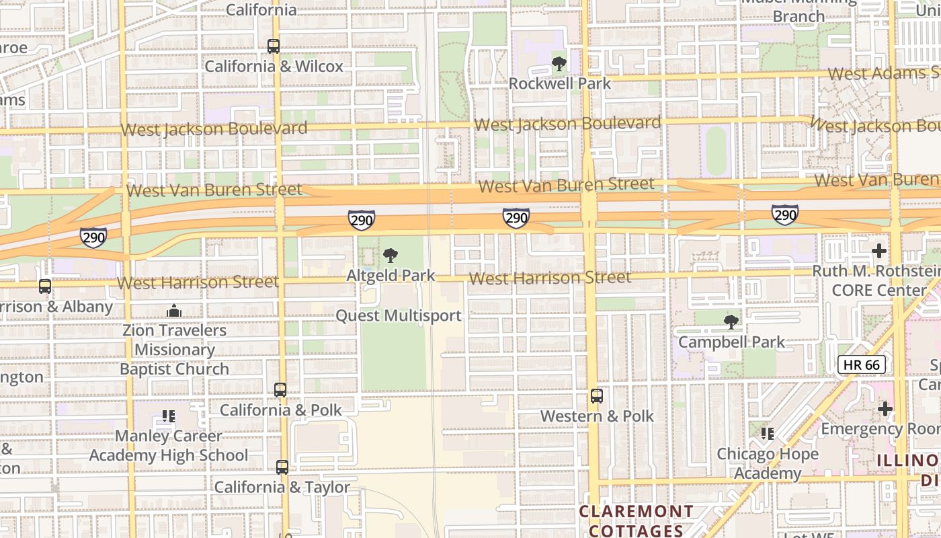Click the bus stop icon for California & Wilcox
[273, 46]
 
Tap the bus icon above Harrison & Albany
[45, 286]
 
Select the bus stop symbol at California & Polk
[280, 390]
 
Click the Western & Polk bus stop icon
[596, 396]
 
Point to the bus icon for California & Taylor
[282, 467]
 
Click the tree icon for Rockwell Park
[559, 65]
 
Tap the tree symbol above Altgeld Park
[391, 256]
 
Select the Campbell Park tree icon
[731, 322]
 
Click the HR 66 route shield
[862, 364]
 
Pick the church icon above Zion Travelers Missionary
[174, 311]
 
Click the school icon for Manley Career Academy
[168, 416]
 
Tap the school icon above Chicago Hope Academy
[767, 434]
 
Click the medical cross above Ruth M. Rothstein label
[878, 252]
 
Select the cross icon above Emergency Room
[885, 409]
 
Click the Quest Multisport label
[399, 315]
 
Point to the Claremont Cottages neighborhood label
[636, 521]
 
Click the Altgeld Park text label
[391, 276]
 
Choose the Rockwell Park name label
[559, 83]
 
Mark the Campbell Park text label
[731, 342]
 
